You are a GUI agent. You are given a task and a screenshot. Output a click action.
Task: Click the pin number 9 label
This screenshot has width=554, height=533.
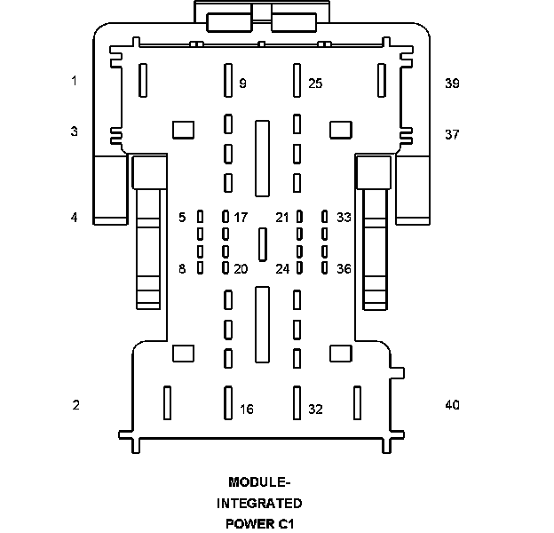242,84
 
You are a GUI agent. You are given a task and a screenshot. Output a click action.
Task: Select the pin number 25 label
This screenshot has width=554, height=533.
315,84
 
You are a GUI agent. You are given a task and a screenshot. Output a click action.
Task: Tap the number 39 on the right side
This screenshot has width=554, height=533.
452,84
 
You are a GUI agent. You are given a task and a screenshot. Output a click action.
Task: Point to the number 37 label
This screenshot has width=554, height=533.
452,135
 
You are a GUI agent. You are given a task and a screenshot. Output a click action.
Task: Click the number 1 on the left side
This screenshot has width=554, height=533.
75,81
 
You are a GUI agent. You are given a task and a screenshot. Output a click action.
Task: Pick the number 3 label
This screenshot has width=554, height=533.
75,131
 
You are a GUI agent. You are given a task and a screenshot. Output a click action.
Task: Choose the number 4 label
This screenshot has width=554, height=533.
75,218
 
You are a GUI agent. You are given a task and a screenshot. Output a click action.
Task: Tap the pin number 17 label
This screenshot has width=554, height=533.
241,218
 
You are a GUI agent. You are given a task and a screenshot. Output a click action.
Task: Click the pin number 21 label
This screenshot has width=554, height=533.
282,218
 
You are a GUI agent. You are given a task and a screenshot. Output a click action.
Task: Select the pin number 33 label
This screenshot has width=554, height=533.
344,218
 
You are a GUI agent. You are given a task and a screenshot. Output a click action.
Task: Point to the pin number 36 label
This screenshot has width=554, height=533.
344,269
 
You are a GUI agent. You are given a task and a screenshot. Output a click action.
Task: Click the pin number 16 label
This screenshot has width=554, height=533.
247,410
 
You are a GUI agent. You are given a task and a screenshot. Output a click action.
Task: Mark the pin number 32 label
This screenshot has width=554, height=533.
315,410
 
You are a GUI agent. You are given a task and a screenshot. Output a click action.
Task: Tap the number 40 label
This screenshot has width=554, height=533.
452,405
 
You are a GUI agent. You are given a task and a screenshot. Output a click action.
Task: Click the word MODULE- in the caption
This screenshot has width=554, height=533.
259,482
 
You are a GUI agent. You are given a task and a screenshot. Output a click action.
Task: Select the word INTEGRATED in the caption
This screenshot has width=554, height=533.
259,504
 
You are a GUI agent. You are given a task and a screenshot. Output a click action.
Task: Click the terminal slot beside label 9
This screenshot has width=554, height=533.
228,80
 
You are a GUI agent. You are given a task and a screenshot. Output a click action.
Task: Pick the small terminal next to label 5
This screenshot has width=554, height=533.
200,217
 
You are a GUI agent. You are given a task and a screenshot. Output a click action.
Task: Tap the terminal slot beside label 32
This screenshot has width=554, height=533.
297,403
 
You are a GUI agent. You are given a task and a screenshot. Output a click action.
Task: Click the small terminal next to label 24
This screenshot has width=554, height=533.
299,268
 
